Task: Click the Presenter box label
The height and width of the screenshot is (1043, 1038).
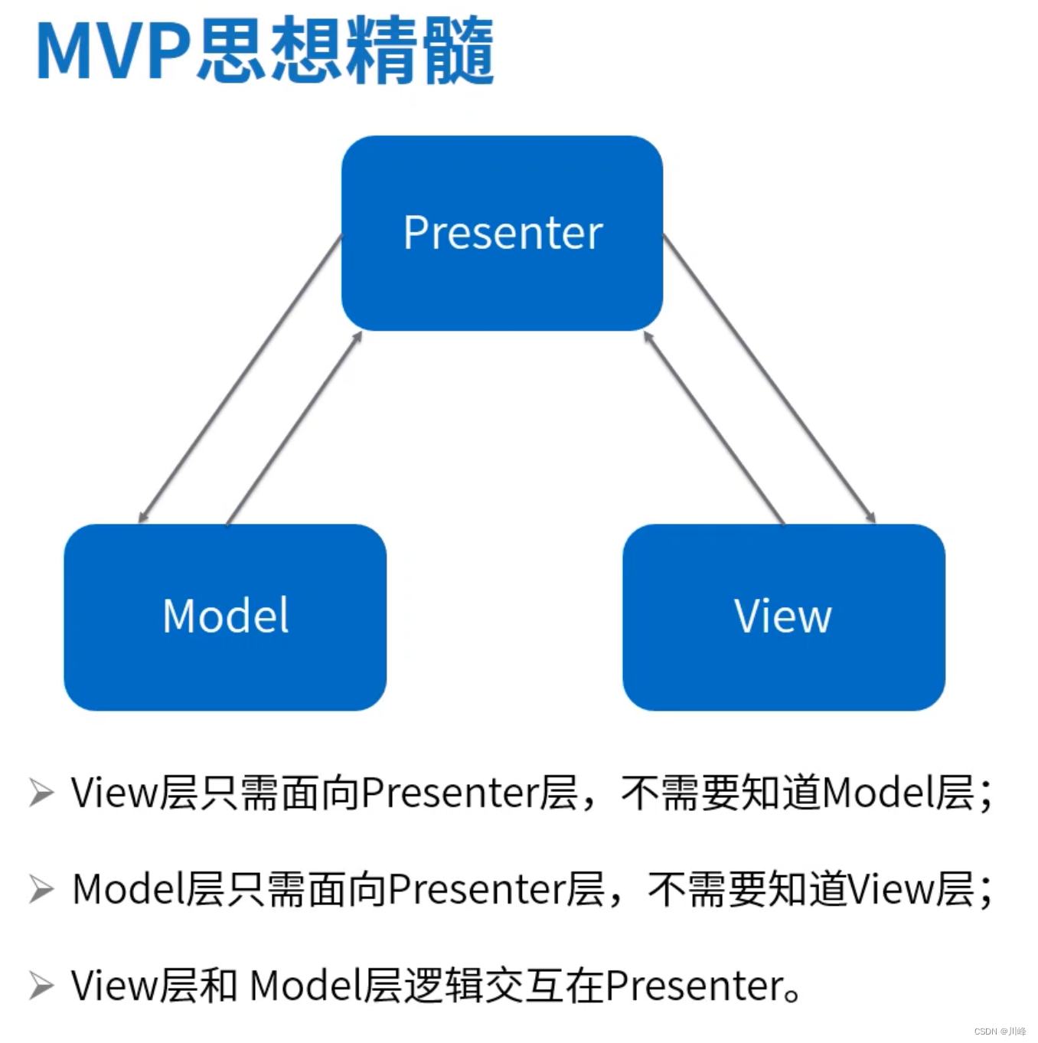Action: (503, 233)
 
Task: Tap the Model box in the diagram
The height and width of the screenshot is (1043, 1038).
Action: (225, 616)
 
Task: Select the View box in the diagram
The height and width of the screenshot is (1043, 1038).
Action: (783, 616)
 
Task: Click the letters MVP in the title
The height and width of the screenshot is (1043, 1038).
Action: (113, 52)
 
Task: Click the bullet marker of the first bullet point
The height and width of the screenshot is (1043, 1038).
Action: (41, 793)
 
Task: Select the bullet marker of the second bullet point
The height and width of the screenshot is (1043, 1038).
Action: (41, 890)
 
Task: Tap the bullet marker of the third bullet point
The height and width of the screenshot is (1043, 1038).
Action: (41, 986)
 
